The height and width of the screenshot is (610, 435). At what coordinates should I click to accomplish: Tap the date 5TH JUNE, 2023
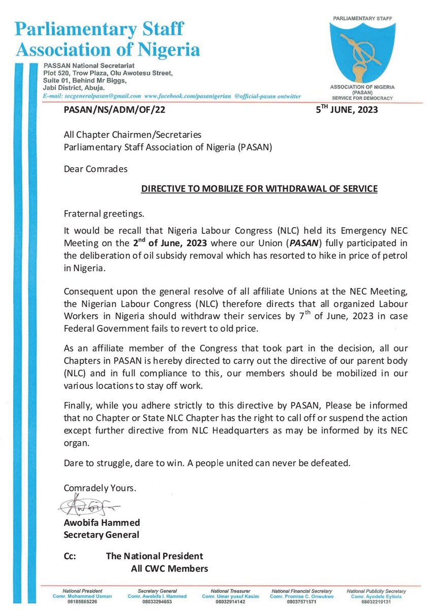point(347,109)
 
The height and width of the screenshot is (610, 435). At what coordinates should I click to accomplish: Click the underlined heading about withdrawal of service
point(259,189)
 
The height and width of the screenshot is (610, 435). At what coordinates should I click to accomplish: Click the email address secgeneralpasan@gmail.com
point(102,96)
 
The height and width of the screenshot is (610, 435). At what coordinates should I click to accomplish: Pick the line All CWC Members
point(166,568)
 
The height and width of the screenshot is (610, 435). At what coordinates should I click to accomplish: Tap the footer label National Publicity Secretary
point(377,591)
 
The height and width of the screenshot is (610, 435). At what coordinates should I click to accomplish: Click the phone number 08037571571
point(302,601)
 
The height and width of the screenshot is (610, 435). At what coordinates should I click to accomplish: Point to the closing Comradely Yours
point(100,487)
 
